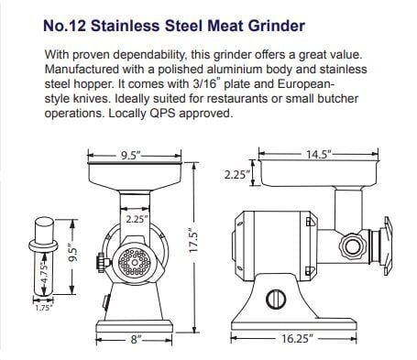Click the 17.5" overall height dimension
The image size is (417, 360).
point(193,246)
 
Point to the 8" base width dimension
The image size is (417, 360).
point(135,339)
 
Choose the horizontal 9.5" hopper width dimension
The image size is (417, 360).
point(132,156)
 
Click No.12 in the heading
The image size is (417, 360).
point(65,27)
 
